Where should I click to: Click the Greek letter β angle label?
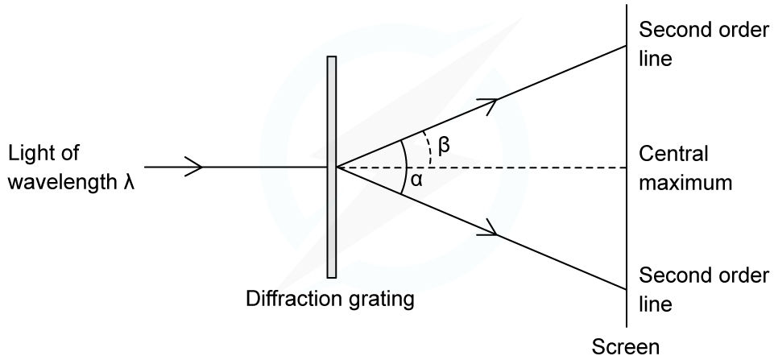(x=445, y=146)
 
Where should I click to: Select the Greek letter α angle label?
(x=416, y=180)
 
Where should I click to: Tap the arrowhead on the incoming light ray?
(x=193, y=167)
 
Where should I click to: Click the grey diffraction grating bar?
(x=332, y=167)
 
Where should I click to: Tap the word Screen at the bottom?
(x=626, y=346)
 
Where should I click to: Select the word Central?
(x=673, y=154)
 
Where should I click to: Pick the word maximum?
(x=685, y=183)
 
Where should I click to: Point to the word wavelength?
(x=62, y=183)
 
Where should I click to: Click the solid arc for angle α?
(x=405, y=167)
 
